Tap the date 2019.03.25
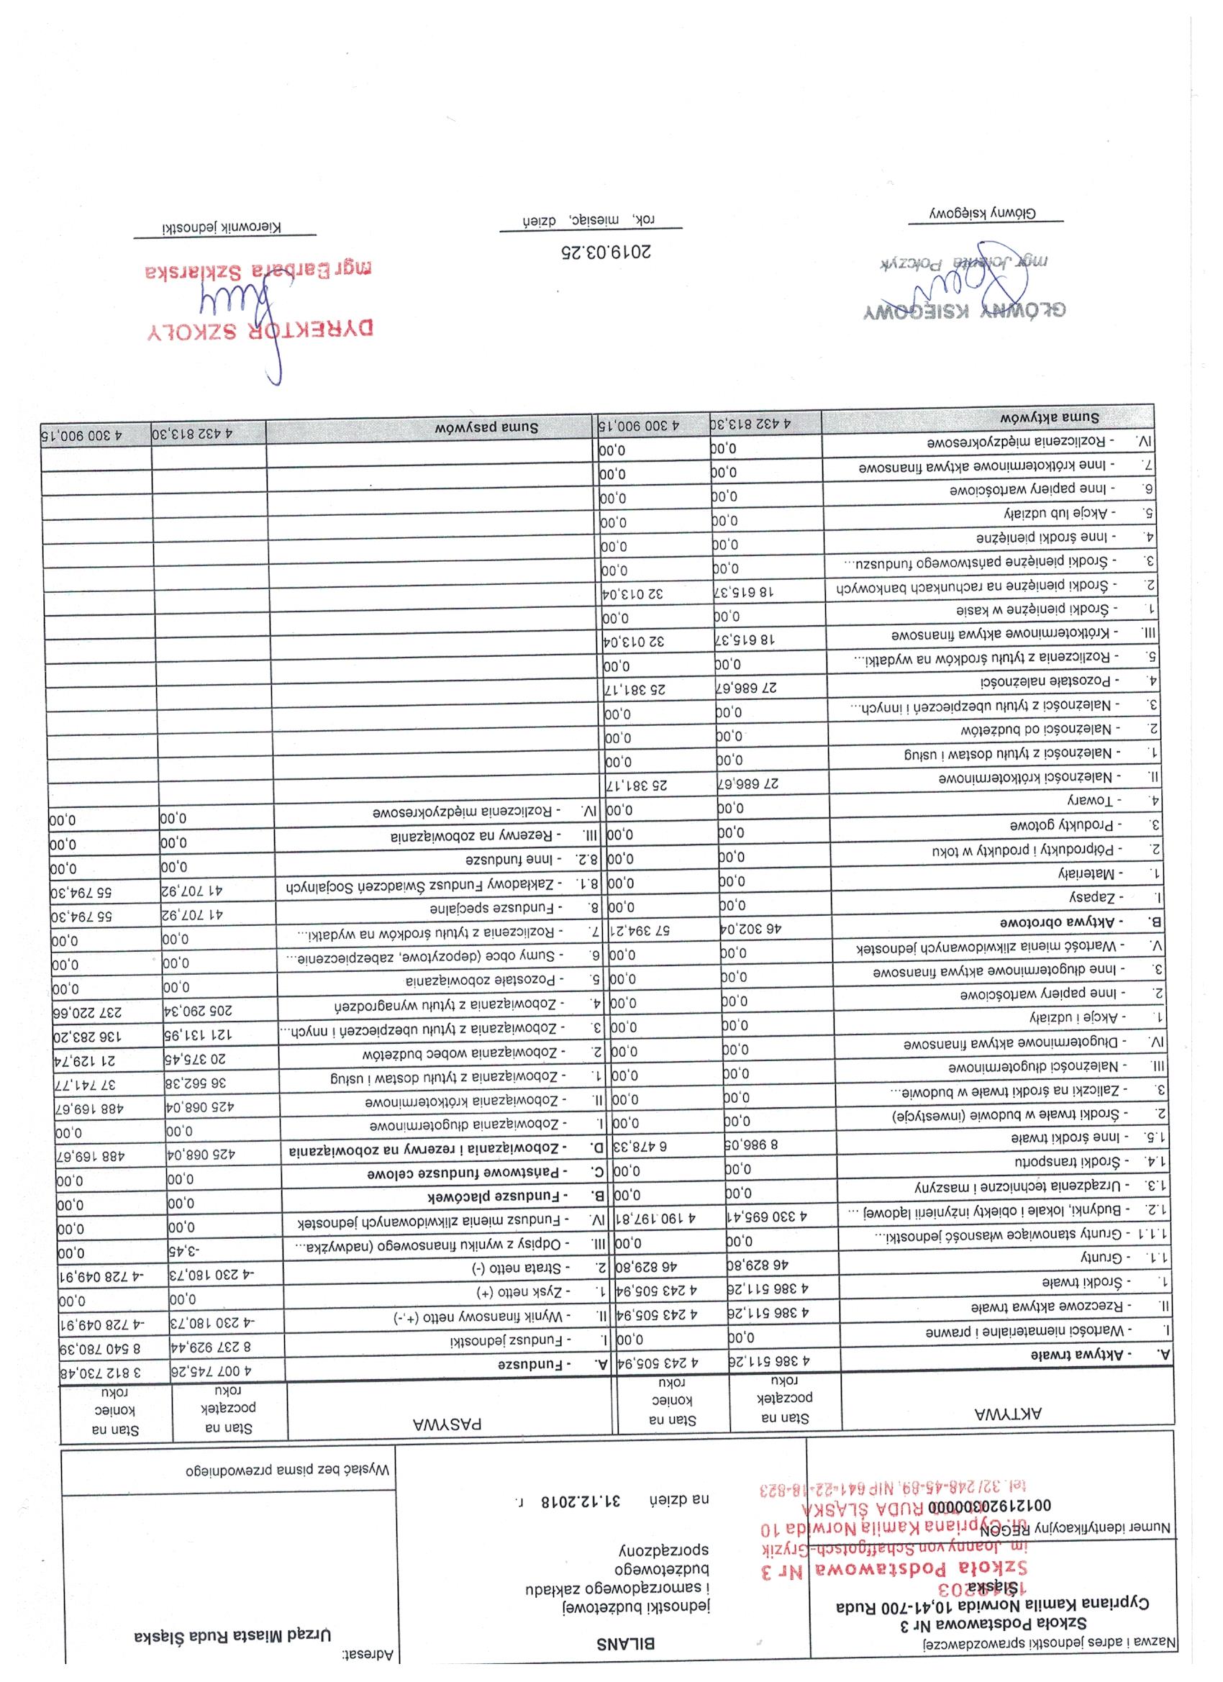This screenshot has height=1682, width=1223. pos(606,251)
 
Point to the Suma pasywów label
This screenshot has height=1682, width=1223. pos(486,428)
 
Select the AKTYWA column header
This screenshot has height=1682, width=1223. pos(1007,1413)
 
